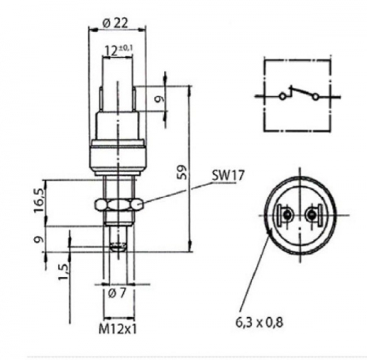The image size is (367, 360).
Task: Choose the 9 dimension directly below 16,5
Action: tap(37, 240)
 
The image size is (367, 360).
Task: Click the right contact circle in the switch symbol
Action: tap(315, 96)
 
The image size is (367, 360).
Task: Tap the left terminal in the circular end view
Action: tap(286, 217)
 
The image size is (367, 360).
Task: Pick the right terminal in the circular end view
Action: tap(312, 217)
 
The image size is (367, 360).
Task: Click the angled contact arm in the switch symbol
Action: tap(298, 90)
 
